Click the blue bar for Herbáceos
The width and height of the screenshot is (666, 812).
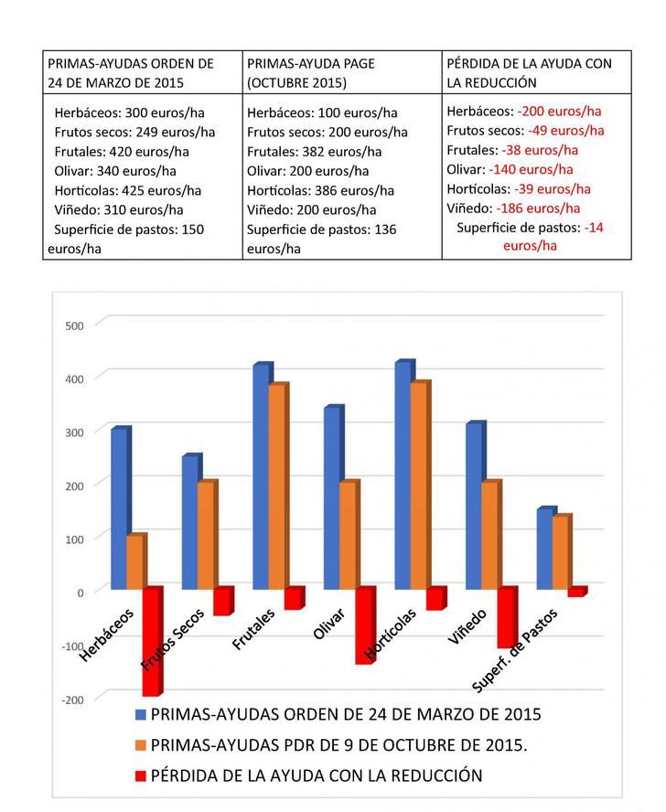pos(119,508)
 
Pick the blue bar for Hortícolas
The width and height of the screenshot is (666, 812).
pos(403,475)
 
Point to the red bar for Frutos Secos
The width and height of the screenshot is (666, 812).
pos(222,601)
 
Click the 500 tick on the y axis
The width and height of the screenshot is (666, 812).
pos(73,326)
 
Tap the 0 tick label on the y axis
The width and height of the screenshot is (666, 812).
pos(80,593)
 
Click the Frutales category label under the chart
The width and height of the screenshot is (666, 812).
pos(253,631)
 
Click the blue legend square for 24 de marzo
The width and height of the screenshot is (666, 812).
pos(140,714)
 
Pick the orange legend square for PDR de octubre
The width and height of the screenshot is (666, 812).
pos(140,745)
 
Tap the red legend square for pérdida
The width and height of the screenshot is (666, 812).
pos(140,776)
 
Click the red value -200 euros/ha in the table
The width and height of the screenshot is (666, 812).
pos(559,112)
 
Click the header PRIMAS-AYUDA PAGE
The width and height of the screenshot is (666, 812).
pos(311,64)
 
